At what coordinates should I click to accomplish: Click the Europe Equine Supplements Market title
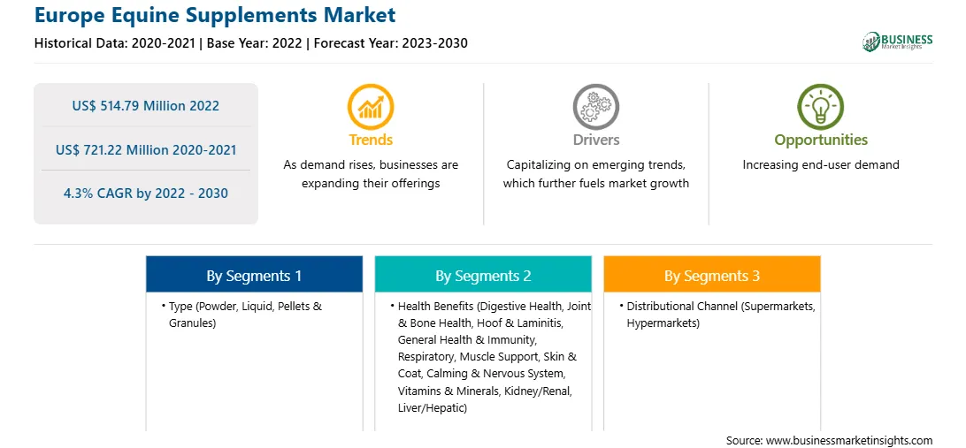(215, 15)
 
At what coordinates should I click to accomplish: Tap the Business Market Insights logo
(898, 42)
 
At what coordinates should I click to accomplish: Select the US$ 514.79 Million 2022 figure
(145, 106)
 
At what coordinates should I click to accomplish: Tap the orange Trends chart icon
(371, 106)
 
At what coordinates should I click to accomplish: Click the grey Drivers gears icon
(595, 106)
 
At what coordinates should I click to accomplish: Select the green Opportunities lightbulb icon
(821, 106)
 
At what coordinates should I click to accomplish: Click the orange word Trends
(371, 140)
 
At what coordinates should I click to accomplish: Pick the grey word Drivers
(595, 140)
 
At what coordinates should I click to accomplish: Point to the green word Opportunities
(821, 140)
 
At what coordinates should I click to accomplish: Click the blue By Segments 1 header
(255, 275)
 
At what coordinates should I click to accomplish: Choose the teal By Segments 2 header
(483, 275)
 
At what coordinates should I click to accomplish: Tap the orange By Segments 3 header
(712, 275)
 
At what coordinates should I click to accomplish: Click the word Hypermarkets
(663, 323)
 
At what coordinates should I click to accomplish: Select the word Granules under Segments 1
(192, 323)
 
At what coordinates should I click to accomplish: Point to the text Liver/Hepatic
(432, 407)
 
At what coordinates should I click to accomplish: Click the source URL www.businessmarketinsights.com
(849, 440)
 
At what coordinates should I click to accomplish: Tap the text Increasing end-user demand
(821, 165)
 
